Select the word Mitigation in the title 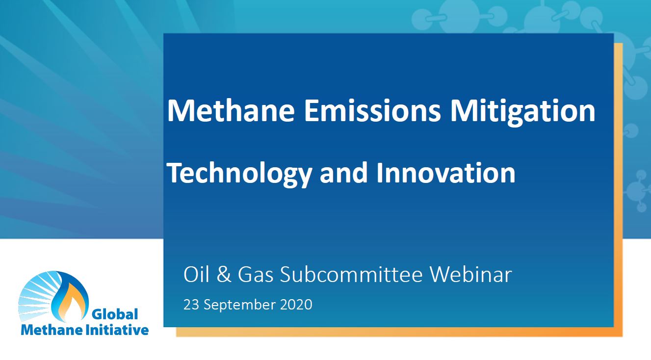pyautogui.click(x=523, y=111)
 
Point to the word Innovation pyautogui.click(x=446, y=173)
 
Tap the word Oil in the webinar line pyautogui.click(x=196, y=275)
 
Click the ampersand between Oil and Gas pyautogui.click(x=224, y=275)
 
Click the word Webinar pyautogui.click(x=471, y=275)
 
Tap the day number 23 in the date pyautogui.click(x=191, y=305)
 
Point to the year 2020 pyautogui.click(x=296, y=305)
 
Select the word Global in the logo pyautogui.click(x=115, y=314)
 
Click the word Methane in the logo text pyautogui.click(x=52, y=330)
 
